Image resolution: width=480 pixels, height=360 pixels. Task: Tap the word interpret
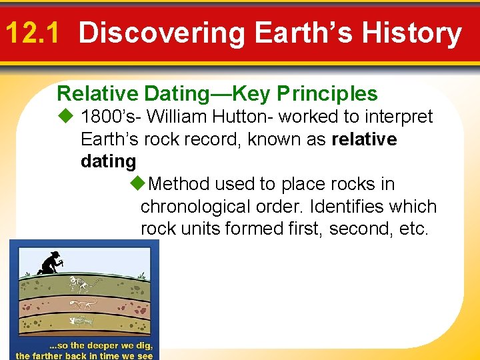(397, 117)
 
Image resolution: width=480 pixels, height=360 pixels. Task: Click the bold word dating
(108, 161)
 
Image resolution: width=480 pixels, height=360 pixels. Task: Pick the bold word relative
(364, 139)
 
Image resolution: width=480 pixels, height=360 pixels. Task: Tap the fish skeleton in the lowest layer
(81, 321)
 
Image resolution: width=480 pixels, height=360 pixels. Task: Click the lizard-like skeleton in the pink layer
(84, 304)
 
